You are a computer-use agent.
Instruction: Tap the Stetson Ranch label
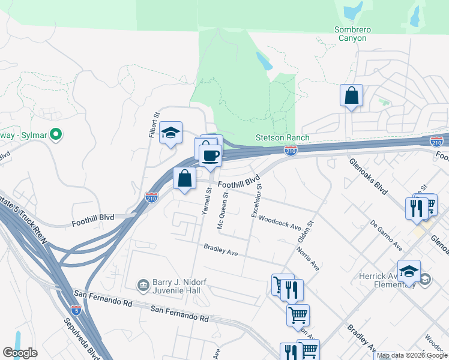tap(283, 137)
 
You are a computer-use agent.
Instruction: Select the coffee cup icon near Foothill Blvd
tap(210, 156)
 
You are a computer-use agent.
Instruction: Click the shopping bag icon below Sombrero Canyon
tap(351, 95)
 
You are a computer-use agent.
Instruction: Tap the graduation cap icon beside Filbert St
tap(170, 133)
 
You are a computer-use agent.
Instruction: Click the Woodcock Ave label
tap(279, 223)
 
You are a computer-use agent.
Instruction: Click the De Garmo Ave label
tap(387, 237)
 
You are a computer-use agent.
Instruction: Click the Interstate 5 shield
tap(76, 310)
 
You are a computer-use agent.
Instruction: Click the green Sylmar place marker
tap(56, 134)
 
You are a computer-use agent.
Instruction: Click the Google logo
tap(20, 353)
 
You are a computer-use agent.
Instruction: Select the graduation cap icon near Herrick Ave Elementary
tap(409, 271)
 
